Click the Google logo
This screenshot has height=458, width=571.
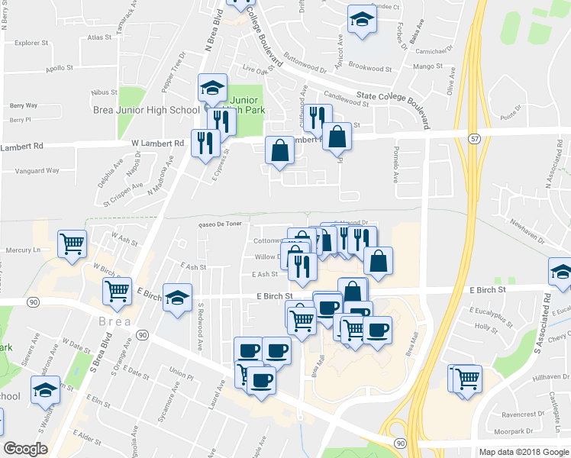pos(25,449)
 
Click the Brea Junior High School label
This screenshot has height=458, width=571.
pos(146,110)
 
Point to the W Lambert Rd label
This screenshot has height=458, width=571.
pos(158,143)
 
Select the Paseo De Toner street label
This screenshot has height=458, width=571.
pos(220,225)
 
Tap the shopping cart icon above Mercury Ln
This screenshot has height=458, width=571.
pos(73,244)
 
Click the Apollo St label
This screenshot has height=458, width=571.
pos(60,68)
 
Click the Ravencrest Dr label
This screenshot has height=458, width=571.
pos(527,414)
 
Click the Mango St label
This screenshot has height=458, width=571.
pos(428,67)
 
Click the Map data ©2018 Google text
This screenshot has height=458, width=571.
pos(522,451)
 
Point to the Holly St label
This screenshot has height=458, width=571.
pos(486,327)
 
